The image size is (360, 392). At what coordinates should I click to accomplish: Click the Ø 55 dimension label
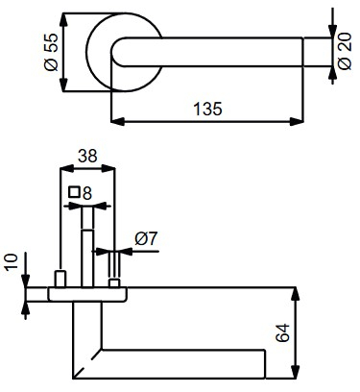pos(51,52)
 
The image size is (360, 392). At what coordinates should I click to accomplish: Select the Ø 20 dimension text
pos(345,51)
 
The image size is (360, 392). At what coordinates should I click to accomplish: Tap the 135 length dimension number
pos(207,109)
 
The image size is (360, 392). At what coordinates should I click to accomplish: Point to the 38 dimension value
pos(87,156)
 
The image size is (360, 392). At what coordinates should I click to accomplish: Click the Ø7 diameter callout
pos(146,238)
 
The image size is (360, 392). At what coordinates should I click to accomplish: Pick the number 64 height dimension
pos(282,333)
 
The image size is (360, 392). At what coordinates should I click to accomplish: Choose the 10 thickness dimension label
pos(12,262)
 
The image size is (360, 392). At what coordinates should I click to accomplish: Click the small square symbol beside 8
pos(75,192)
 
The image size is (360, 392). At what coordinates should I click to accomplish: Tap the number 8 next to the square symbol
pos(87,193)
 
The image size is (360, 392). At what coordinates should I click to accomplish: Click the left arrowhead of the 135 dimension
pos(117,121)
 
